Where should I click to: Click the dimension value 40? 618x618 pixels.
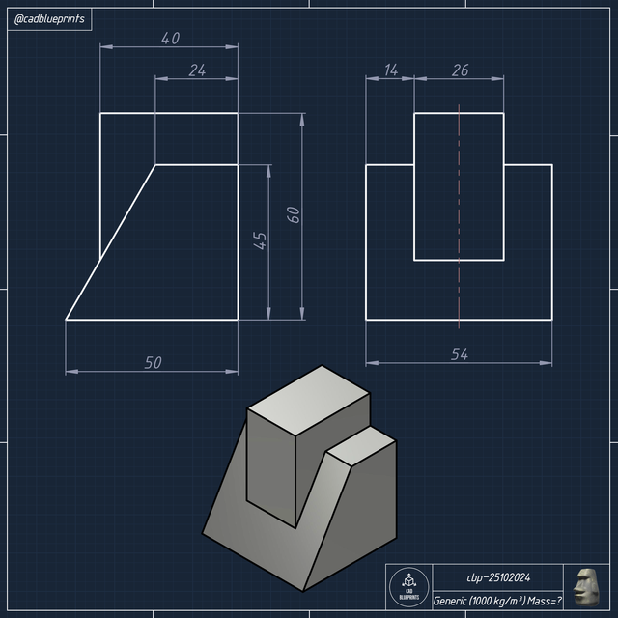[170, 39]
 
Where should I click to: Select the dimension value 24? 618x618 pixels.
[197, 70]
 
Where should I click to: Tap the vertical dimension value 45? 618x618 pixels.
[260, 241]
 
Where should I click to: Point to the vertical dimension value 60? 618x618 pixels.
[294, 214]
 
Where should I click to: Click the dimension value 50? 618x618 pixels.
[153, 362]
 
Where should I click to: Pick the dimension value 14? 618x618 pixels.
[390, 70]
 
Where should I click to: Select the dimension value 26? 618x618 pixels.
[459, 70]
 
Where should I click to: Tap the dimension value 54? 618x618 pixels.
[460, 354]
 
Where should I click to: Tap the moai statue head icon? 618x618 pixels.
[585, 587]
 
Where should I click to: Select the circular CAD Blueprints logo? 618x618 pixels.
[407, 587]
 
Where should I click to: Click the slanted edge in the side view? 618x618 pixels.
[110, 241]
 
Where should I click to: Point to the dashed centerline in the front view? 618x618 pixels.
[459, 193]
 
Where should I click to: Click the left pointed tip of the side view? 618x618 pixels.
[67, 318]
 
